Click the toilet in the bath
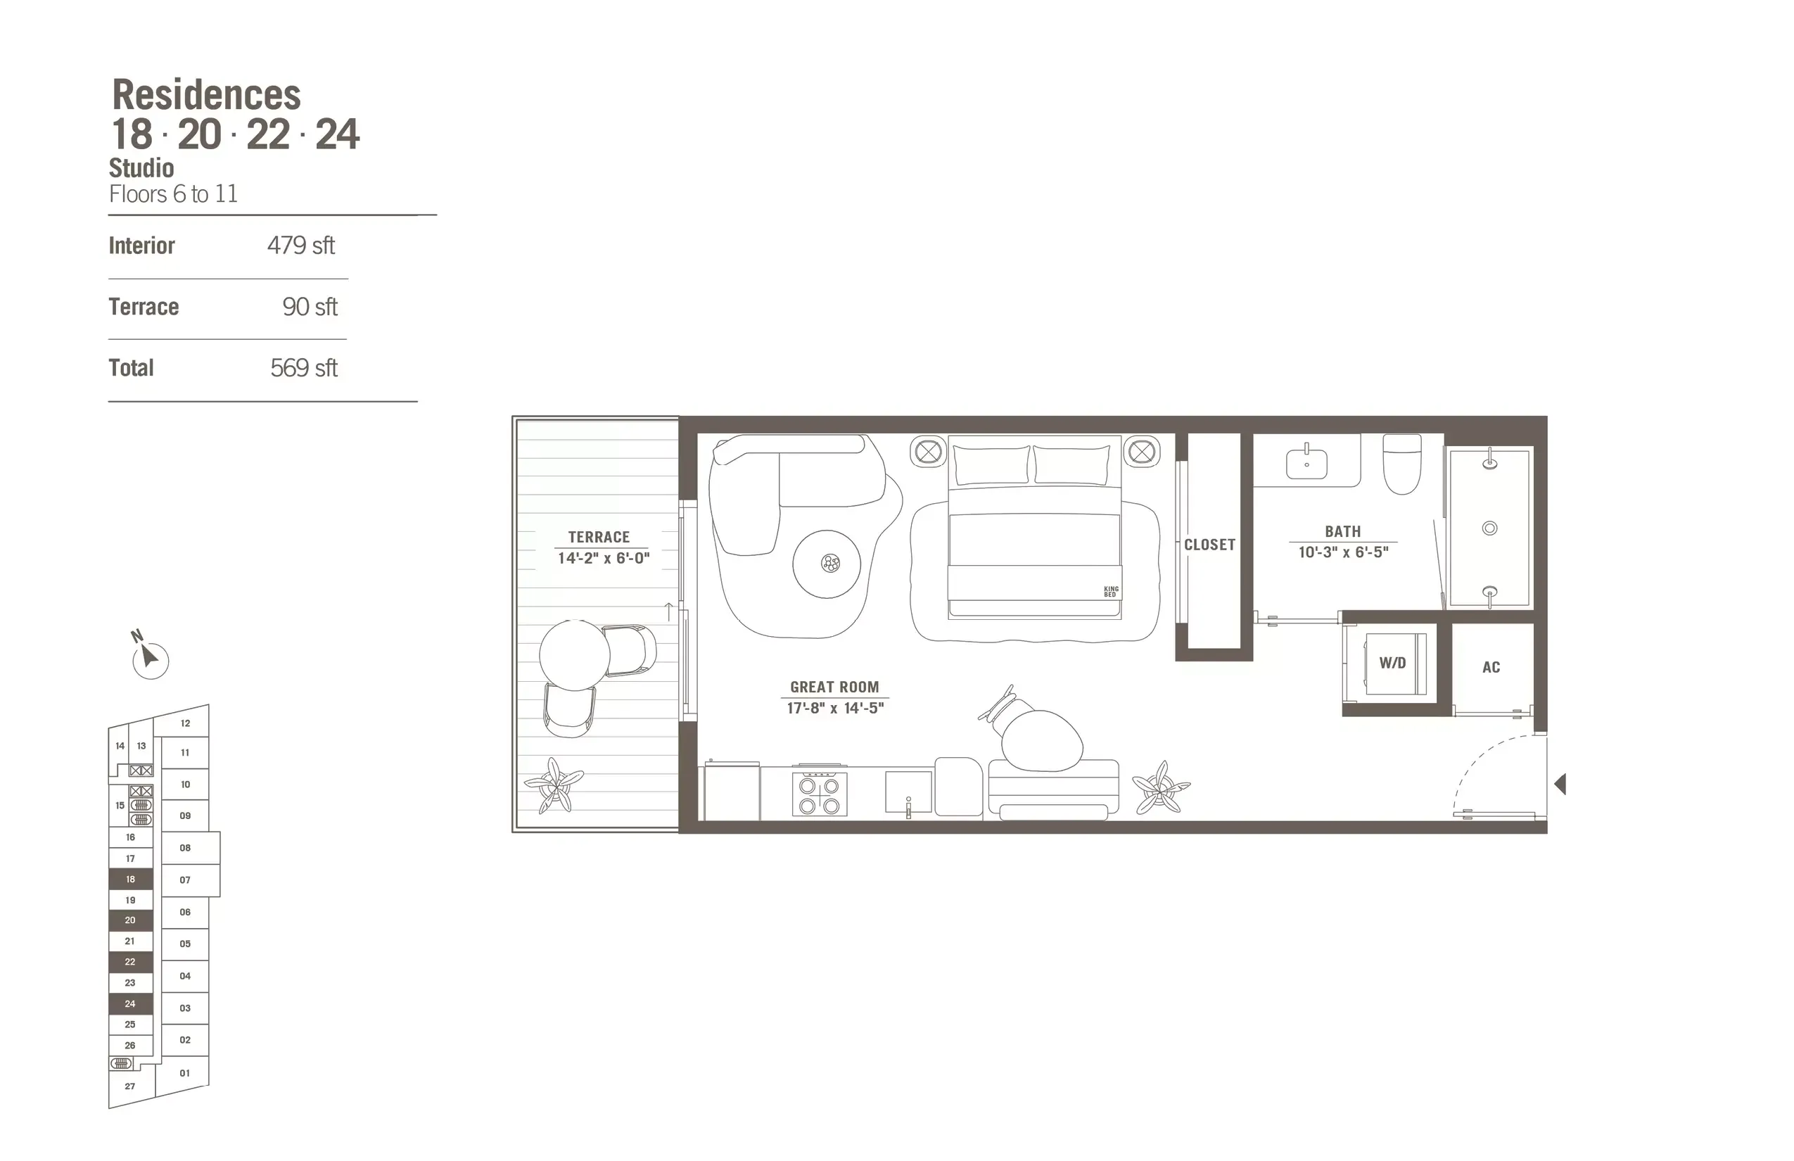coord(1402,466)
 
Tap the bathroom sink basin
coord(1306,462)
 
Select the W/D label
coord(1392,664)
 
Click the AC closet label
coord(1491,667)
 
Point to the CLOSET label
coord(1209,545)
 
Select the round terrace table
coord(574,654)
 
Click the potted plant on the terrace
coord(554,785)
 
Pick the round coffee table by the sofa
coord(827,564)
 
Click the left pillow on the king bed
coord(991,465)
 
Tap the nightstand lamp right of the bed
coord(1141,452)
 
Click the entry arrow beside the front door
coord(1560,784)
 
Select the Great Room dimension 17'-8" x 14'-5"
coord(834,708)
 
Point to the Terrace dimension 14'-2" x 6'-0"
coord(603,559)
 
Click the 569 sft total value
coord(304,368)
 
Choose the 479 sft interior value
coord(301,246)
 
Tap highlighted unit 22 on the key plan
coord(130,962)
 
